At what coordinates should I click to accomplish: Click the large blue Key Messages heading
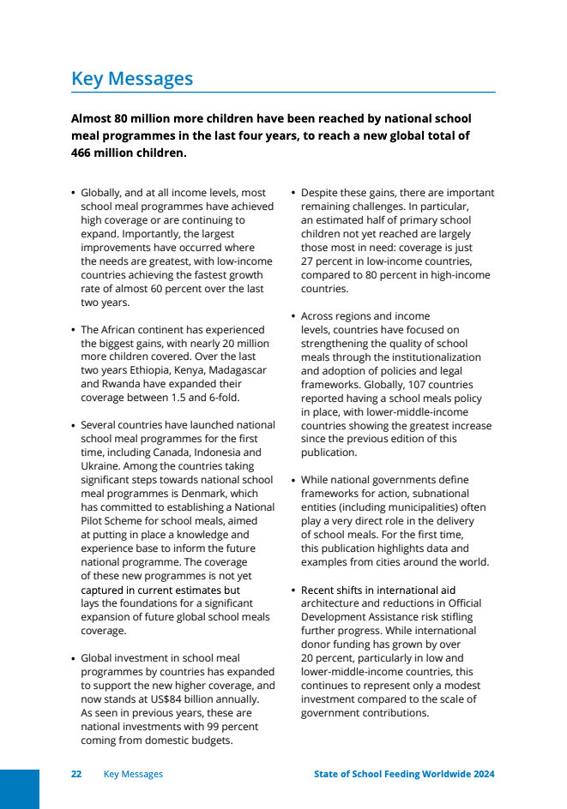(132, 79)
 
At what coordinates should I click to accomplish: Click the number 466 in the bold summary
(84, 153)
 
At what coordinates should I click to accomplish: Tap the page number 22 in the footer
(76, 774)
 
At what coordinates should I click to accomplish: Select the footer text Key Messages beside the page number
(133, 774)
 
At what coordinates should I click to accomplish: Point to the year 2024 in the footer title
(483, 774)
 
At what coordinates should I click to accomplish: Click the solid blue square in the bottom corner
(20, 788)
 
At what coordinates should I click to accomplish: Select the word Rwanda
(124, 384)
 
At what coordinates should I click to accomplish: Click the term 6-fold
(224, 398)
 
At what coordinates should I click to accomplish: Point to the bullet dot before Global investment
(73, 658)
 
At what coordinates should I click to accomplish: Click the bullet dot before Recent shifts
(293, 590)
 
